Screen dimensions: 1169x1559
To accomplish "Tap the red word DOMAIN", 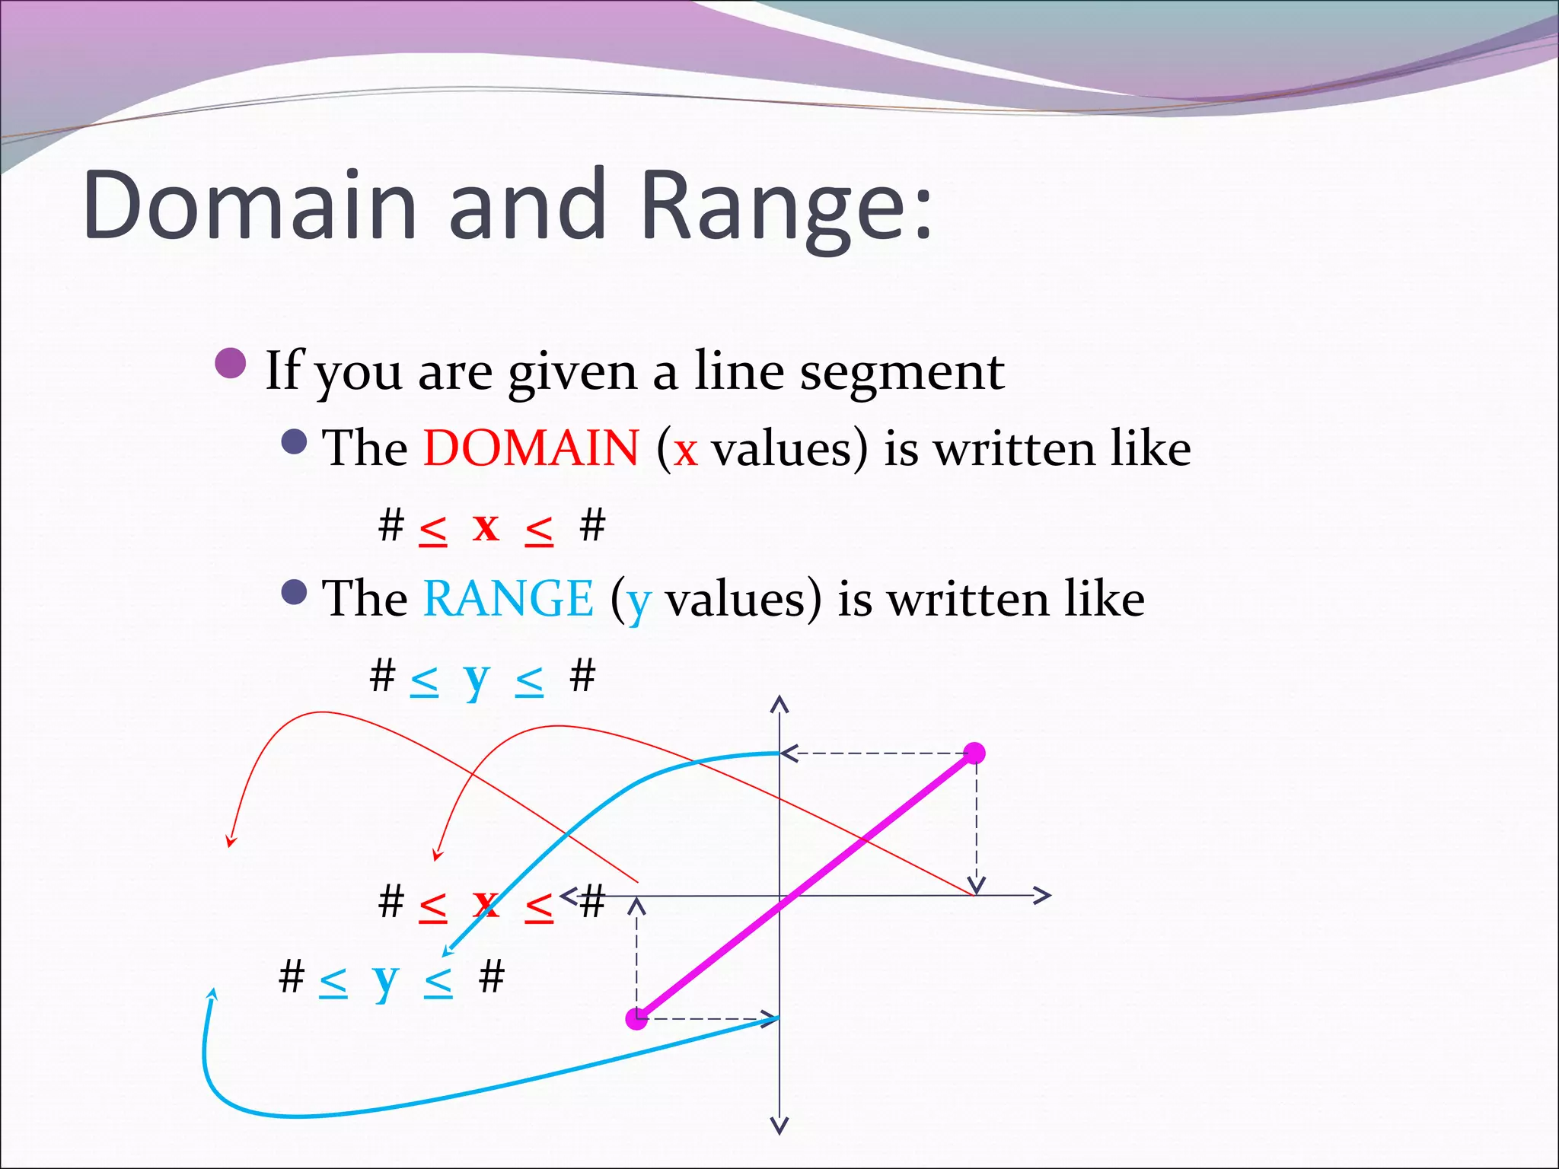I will [531, 448].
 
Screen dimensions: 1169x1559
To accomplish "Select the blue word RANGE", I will [508, 598].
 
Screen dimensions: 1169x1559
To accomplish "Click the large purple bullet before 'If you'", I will [231, 364].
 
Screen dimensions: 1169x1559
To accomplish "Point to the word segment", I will [902, 373].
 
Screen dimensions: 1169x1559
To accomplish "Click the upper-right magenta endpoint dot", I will [974, 753].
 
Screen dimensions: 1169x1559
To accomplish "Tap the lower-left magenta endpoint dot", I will [636, 1019].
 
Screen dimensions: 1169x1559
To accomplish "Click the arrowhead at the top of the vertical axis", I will [779, 703].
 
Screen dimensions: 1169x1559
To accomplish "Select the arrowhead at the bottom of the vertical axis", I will [779, 1126].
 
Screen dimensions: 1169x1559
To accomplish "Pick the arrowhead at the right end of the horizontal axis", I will [1043, 896].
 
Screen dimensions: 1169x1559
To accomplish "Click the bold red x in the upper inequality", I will [486, 526].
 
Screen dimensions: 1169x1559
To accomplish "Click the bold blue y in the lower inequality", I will [386, 979].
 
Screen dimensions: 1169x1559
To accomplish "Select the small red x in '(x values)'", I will [685, 449].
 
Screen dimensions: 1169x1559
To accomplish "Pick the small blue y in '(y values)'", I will [639, 601].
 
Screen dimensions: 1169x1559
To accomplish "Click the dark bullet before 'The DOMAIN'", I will [294, 441].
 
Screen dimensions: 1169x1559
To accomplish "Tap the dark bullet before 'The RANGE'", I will [294, 592].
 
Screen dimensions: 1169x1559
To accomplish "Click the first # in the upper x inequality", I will [391, 525].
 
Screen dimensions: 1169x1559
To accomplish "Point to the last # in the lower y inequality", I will [492, 976].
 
